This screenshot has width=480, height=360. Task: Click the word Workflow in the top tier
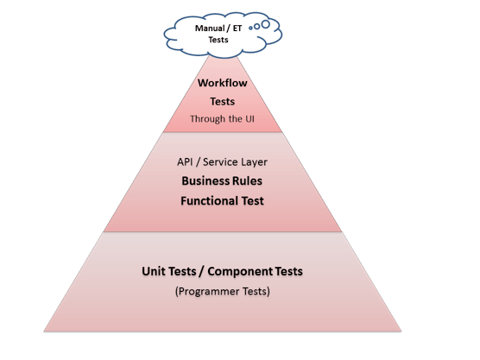(222, 83)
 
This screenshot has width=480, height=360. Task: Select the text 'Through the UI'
(222, 119)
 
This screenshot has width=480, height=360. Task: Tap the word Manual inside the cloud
(210, 28)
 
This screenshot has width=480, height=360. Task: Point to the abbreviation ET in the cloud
(237, 28)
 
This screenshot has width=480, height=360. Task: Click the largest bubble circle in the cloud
(266, 24)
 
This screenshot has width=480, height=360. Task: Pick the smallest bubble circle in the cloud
(250, 28)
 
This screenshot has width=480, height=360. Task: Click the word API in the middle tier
(185, 161)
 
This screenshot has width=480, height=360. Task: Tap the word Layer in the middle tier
(254, 162)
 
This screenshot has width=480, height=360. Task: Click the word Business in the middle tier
(205, 181)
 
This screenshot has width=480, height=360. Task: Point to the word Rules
(248, 181)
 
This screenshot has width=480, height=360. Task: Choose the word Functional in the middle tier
(210, 201)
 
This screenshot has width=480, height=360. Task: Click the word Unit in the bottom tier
(154, 272)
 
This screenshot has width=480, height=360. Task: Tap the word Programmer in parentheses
(208, 292)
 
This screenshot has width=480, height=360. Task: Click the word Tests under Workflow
(222, 102)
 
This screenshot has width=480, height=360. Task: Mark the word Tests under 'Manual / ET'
(218, 40)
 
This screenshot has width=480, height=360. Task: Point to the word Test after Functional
(253, 201)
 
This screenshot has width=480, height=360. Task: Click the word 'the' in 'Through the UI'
(236, 118)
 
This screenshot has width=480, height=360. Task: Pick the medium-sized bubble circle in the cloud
(257, 26)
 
